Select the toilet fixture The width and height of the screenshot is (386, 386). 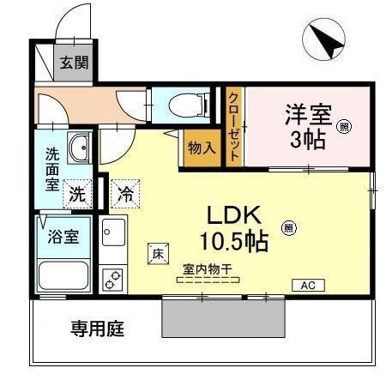click(x=186, y=106)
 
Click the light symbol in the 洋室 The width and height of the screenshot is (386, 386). click(x=343, y=127)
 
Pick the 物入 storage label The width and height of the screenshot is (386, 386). click(x=202, y=148)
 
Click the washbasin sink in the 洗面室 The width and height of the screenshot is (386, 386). click(x=79, y=148)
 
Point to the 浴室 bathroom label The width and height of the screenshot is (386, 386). click(x=62, y=236)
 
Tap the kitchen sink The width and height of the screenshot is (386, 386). click(x=113, y=231)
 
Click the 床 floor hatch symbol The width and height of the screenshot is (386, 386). click(x=158, y=252)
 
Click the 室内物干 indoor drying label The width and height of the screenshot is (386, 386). click(x=207, y=269)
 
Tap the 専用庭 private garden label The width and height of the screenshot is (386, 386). click(x=96, y=329)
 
